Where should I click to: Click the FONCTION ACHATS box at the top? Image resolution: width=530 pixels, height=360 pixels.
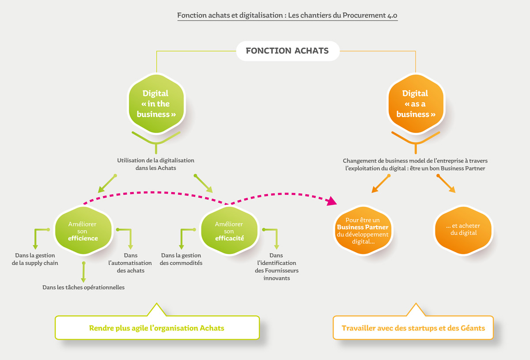(x=287, y=51)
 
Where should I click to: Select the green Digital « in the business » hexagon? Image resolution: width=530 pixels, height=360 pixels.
(x=156, y=104)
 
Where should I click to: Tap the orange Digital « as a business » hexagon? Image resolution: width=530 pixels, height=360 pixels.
(x=415, y=104)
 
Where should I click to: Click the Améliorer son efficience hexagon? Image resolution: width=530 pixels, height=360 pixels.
(x=83, y=231)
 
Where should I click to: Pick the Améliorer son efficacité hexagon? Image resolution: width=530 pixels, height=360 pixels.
(x=229, y=231)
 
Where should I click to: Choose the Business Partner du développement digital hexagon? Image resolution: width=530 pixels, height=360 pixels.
(x=363, y=231)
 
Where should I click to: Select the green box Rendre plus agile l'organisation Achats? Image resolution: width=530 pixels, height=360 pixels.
(x=157, y=328)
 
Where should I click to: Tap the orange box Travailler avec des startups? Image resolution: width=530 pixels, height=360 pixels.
(x=413, y=328)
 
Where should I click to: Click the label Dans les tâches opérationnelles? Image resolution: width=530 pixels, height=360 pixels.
(x=83, y=288)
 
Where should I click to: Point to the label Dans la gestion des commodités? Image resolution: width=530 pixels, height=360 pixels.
(x=181, y=259)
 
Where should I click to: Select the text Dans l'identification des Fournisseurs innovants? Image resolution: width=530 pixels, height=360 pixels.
(x=277, y=267)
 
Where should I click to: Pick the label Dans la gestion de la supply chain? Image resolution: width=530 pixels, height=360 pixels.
(x=36, y=259)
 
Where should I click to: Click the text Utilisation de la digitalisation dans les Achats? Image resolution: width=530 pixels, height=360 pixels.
(x=156, y=164)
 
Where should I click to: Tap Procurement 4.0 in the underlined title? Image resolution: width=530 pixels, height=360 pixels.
(x=371, y=15)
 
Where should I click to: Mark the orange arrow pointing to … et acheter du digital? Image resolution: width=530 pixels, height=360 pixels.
(x=447, y=184)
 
